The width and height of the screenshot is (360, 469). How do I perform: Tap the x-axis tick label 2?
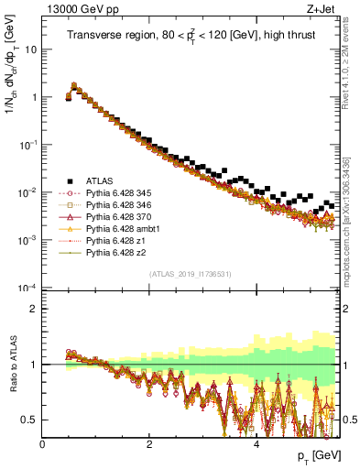tap(149, 442)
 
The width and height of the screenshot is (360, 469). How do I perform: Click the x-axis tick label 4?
tap(256, 442)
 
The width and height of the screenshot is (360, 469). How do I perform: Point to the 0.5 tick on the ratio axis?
tap(32, 420)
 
